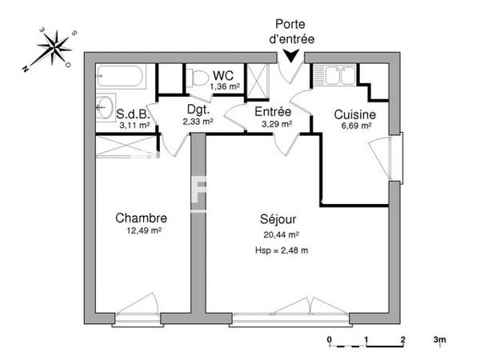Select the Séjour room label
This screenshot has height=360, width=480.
[x=279, y=219]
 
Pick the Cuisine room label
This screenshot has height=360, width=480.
[x=355, y=114]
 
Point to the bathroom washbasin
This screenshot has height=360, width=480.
[x=104, y=105]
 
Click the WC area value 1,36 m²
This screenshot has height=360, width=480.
[x=225, y=86]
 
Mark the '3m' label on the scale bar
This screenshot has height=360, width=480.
[x=440, y=340]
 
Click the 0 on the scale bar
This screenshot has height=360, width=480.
[x=330, y=340]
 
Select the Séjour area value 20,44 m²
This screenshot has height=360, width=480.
[x=281, y=234]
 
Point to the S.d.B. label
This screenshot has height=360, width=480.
[x=132, y=114]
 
